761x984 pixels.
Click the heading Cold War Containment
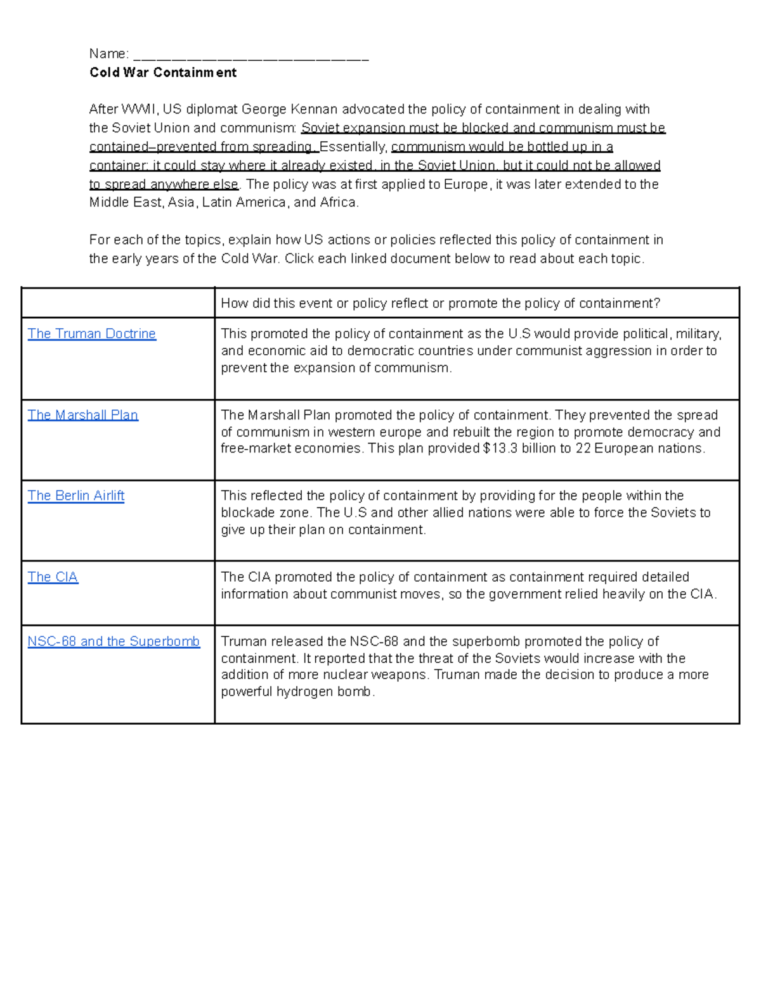point(162,72)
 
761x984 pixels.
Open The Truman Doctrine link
point(91,334)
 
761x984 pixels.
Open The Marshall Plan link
point(82,415)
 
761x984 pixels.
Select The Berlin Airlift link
point(75,495)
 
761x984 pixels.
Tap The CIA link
point(53,577)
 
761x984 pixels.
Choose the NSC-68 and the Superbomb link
point(114,641)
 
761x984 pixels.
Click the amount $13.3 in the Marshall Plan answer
point(500,449)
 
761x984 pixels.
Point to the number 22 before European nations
point(583,449)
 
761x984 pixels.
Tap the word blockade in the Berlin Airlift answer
point(245,513)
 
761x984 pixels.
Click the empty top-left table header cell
point(118,303)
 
